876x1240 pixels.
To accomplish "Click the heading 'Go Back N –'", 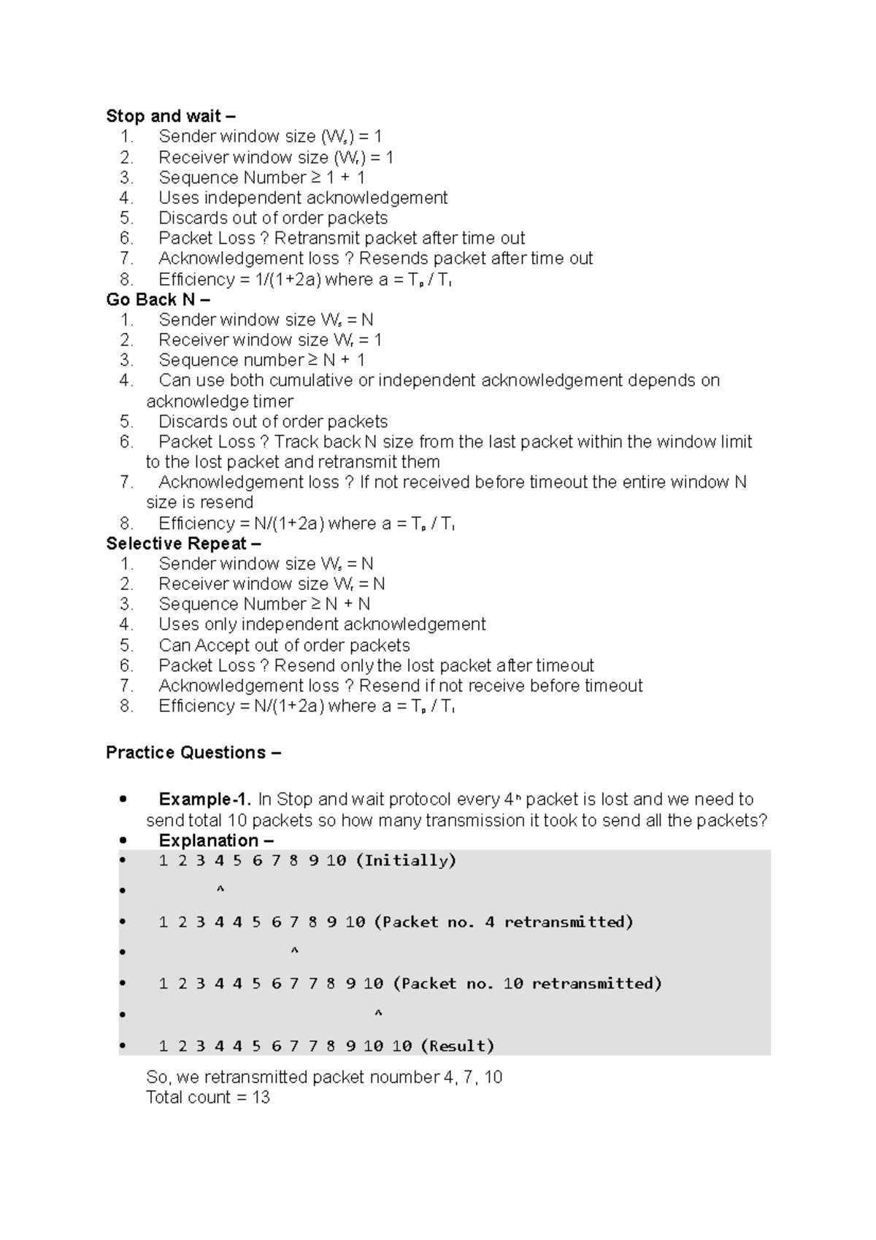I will [x=158, y=299].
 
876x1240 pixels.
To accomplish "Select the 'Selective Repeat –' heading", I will [x=183, y=543].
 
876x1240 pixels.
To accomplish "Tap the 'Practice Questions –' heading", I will [x=193, y=752].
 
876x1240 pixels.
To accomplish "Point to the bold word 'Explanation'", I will [x=208, y=840].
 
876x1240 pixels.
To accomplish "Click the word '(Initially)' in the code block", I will [x=406, y=860].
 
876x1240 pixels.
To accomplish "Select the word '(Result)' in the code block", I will [x=458, y=1046].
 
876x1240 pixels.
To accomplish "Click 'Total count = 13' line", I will [x=208, y=1097].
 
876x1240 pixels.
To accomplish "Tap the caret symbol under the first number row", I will [x=220, y=890].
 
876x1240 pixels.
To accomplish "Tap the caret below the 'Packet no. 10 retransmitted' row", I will [x=378, y=1014].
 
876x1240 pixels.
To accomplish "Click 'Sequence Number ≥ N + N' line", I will [x=264, y=604].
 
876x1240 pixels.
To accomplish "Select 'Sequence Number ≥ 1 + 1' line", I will [x=262, y=177].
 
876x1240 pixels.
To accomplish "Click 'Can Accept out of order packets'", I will [x=284, y=645].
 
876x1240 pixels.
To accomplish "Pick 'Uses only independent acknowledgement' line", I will [x=322, y=624].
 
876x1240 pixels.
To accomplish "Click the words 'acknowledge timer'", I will [x=220, y=401].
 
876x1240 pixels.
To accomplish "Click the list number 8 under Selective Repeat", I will [x=127, y=705].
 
